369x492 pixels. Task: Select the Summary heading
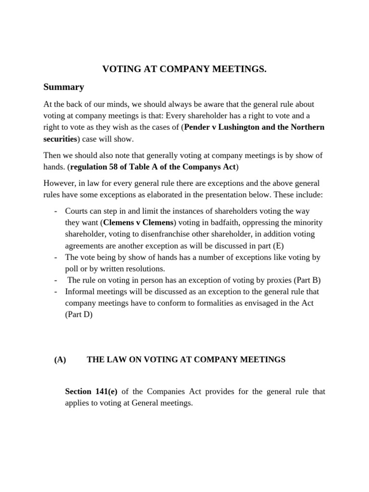pyautogui.click(x=63, y=87)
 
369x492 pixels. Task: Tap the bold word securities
pyautogui.click(x=60, y=139)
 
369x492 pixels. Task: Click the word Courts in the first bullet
pyautogui.click(x=76, y=211)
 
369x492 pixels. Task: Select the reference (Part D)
pyautogui.click(x=79, y=315)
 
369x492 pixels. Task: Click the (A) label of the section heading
pyautogui.click(x=60, y=359)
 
